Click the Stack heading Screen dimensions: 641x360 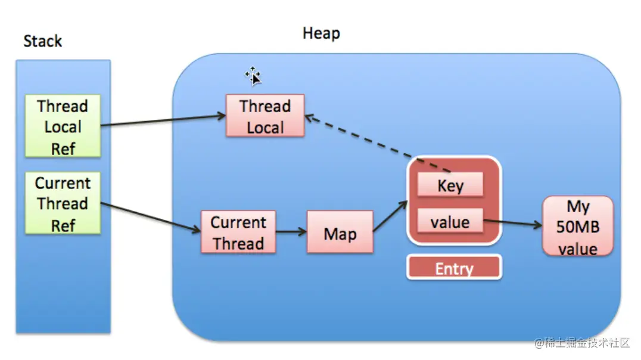pyautogui.click(x=42, y=41)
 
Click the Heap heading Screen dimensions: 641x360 pyautogui.click(x=321, y=33)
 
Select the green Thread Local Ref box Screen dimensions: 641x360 pyautogui.click(x=63, y=126)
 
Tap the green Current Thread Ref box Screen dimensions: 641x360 pyautogui.click(x=63, y=203)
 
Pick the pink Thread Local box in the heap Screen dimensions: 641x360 pyautogui.click(x=265, y=116)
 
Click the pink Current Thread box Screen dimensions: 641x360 pyautogui.click(x=238, y=232)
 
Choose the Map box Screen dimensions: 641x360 pyautogui.click(x=340, y=232)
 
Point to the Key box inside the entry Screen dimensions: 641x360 pyautogui.click(x=450, y=185)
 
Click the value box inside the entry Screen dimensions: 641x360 pyautogui.click(x=450, y=221)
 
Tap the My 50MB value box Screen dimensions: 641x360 pyautogui.click(x=578, y=226)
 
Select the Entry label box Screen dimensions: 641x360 pyautogui.click(x=454, y=268)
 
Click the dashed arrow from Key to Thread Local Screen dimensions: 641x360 pyautogui.click(x=378, y=144)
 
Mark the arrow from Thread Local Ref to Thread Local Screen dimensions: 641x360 pyautogui.click(x=163, y=120)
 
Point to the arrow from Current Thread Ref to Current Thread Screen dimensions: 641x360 pyautogui.click(x=151, y=217)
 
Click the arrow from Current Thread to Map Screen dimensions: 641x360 pyautogui.click(x=291, y=232)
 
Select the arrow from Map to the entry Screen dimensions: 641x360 pyautogui.click(x=390, y=216)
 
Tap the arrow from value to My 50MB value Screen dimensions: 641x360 pyautogui.click(x=513, y=222)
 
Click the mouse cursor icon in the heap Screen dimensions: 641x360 pyautogui.click(x=253, y=76)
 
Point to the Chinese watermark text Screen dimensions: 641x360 pyautogui.click(x=582, y=343)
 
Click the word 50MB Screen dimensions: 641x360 pyautogui.click(x=578, y=226)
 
